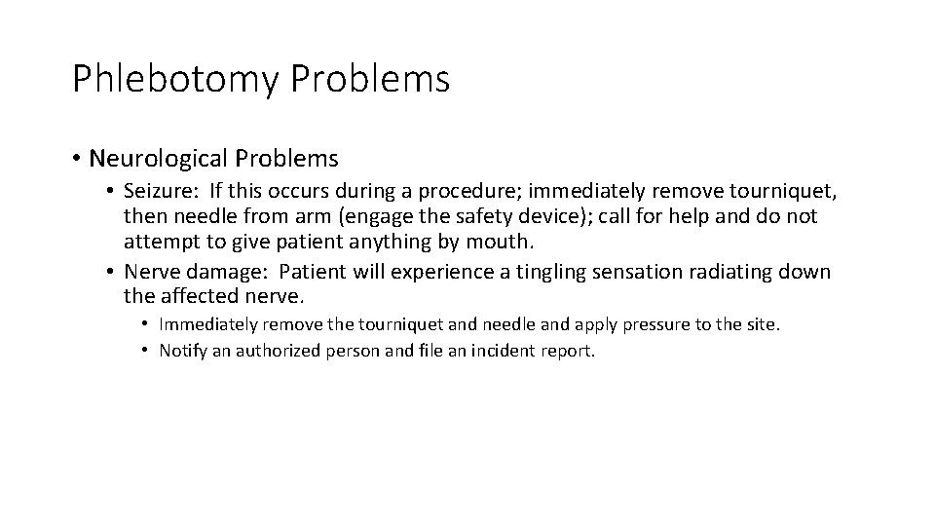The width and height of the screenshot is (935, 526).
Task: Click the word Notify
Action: [x=182, y=351]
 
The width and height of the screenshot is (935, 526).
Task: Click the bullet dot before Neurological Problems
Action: [x=77, y=158]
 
